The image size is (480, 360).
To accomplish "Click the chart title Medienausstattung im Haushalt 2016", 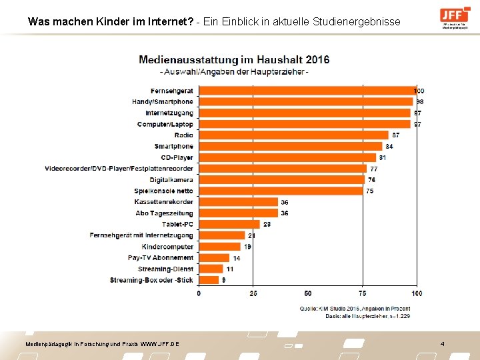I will pyautogui.click(x=234, y=59).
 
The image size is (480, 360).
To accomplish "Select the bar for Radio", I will pyautogui.click(x=293, y=135).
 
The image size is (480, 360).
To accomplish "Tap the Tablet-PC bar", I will pyautogui.click(x=229, y=225).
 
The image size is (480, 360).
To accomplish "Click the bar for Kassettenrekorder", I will pyautogui.click(x=238, y=202).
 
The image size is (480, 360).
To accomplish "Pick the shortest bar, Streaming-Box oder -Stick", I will pyautogui.click(x=208, y=280).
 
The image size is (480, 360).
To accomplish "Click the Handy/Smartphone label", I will pyautogui.click(x=162, y=102).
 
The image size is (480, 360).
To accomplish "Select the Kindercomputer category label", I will pyautogui.click(x=167, y=247).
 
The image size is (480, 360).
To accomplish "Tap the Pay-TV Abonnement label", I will pyautogui.click(x=161, y=258).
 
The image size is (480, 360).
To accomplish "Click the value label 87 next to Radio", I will pyautogui.click(x=395, y=135).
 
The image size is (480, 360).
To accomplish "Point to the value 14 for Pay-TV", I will pyautogui.click(x=236, y=258).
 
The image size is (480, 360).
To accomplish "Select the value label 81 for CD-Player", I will pyautogui.click(x=382, y=158).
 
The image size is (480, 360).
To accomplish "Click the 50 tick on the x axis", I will pyautogui.click(x=307, y=293).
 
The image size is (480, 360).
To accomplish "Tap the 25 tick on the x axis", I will pyautogui.click(x=253, y=293).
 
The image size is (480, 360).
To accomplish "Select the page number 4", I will pyautogui.click(x=442, y=343).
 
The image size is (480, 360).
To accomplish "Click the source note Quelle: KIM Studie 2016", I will pyautogui.click(x=354, y=308).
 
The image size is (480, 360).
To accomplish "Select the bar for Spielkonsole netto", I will pyautogui.click(x=281, y=191).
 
